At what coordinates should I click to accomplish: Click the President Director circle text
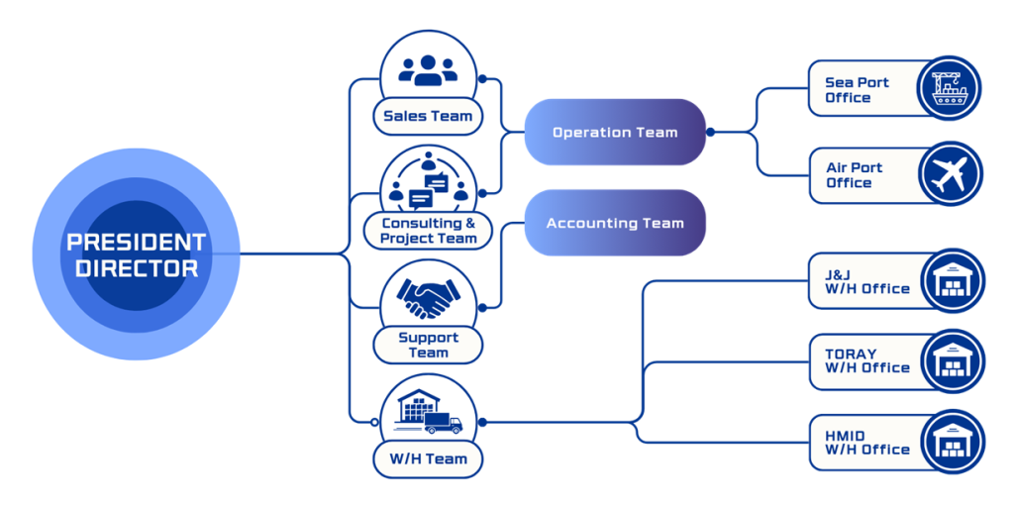[136, 254]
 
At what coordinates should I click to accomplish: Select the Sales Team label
[428, 116]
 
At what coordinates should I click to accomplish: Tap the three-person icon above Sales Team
[428, 69]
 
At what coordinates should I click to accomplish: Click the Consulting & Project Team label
[428, 231]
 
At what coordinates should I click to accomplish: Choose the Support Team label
[428, 345]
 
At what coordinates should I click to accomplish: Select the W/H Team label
[428, 458]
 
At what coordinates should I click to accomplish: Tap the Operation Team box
[615, 132]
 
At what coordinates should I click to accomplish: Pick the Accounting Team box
[615, 224]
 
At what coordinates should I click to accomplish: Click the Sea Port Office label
[857, 90]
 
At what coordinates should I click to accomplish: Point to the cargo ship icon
[948, 88]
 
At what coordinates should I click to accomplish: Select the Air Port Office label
[854, 175]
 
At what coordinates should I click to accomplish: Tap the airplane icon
[948, 174]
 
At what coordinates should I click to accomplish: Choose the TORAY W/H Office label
[866, 360]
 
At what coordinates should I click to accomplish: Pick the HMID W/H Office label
[866, 442]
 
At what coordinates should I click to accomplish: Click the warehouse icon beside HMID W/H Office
[952, 442]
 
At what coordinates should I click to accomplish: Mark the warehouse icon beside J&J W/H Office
[952, 280]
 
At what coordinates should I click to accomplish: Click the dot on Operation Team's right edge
[710, 132]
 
